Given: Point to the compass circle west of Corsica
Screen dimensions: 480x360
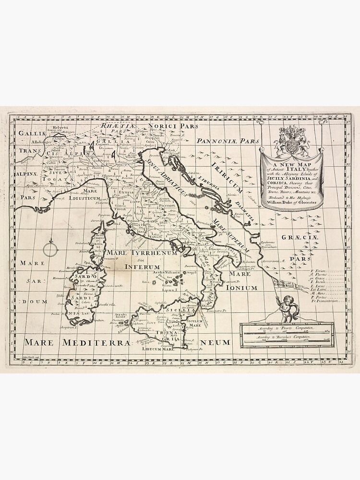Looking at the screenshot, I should point(50,250).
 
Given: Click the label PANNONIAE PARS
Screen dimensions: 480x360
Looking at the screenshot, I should point(228,141).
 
